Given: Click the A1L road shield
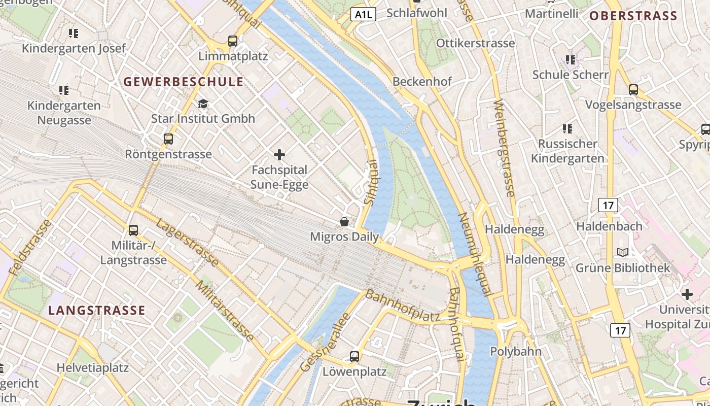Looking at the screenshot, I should pyautogui.click(x=363, y=14).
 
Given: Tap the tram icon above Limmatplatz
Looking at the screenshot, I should pyautogui.click(x=233, y=41).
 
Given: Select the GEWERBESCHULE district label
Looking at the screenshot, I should pyautogui.click(x=184, y=82).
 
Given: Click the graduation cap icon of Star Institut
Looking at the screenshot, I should pyautogui.click(x=203, y=104).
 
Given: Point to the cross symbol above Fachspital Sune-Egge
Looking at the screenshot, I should pyautogui.click(x=279, y=155).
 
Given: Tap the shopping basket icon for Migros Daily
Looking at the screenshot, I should pyautogui.click(x=344, y=222).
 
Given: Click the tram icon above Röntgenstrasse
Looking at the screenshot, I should pyautogui.click(x=168, y=139).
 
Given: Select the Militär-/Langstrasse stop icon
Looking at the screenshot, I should pyautogui.click(x=133, y=230).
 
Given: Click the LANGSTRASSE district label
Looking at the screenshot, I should pyautogui.click(x=97, y=310).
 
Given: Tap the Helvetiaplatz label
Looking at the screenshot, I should pyautogui.click(x=92, y=367).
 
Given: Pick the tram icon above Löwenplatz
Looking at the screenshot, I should pyautogui.click(x=354, y=357).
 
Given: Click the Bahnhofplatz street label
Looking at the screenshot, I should pyautogui.click(x=403, y=306).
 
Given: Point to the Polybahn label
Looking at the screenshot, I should pyautogui.click(x=516, y=351).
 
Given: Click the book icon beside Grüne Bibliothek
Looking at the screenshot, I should pyautogui.click(x=623, y=252).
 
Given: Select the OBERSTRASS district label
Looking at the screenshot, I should pyautogui.click(x=633, y=16).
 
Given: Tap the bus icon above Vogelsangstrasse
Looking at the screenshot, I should pyautogui.click(x=633, y=90).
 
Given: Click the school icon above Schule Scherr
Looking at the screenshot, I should pyautogui.click(x=571, y=60).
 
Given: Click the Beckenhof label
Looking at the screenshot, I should pyautogui.click(x=422, y=81).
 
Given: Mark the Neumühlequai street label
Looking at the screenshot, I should pyautogui.click(x=475, y=254).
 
